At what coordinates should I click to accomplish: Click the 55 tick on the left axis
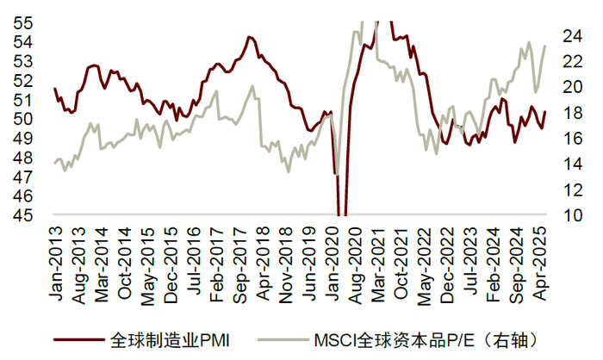click(x=23, y=23)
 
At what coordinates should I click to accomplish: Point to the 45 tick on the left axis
click(x=23, y=215)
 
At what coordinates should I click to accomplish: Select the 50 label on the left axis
click(x=23, y=119)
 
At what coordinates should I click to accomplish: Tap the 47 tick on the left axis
click(x=23, y=177)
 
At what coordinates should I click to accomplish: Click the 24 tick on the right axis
click(x=573, y=36)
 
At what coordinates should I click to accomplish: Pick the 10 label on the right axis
click(x=573, y=215)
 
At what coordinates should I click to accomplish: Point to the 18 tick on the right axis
click(x=573, y=113)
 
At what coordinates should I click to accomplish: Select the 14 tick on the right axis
click(x=573, y=164)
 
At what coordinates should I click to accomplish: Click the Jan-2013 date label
click(x=56, y=264)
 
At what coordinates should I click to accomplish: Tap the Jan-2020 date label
click(x=332, y=264)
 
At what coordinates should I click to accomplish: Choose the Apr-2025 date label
click(x=539, y=264)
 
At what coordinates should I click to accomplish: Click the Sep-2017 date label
click(x=240, y=265)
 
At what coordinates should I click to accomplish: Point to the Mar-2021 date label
click(x=378, y=264)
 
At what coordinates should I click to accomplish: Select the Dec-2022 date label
click(x=447, y=265)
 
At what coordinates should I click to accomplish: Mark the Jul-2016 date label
click(x=194, y=261)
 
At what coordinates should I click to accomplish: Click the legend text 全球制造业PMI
click(x=170, y=340)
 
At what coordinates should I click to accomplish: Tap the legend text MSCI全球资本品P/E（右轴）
click(x=426, y=340)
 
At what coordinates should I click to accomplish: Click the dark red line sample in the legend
click(x=79, y=340)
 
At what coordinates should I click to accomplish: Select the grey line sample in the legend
click(x=283, y=340)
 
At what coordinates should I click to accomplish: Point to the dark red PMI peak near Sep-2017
click(x=249, y=37)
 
